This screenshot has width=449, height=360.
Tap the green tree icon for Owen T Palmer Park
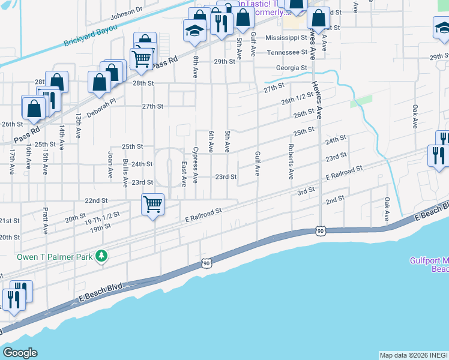click(x=102, y=257)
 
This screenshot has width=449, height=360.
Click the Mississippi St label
click(x=286, y=37)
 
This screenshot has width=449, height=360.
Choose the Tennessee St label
click(x=287, y=52)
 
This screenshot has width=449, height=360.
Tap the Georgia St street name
click(x=292, y=68)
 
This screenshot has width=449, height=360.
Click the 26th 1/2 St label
click(x=298, y=98)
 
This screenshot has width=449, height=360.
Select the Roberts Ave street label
click(x=291, y=161)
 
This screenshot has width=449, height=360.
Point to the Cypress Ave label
click(x=195, y=163)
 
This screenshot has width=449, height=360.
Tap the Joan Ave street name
click(x=110, y=161)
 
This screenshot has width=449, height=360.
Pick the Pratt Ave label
click(x=45, y=221)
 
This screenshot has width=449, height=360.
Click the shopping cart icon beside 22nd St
click(x=153, y=205)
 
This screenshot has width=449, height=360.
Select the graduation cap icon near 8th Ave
click(x=194, y=31)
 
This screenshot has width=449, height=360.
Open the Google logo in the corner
click(x=19, y=353)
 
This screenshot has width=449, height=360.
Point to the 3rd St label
click(x=306, y=191)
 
